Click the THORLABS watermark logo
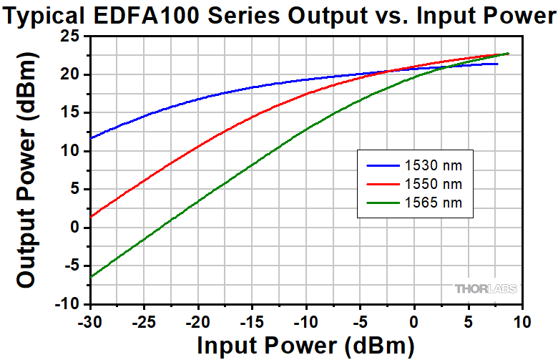click(484, 289)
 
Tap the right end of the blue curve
click(497, 64)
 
